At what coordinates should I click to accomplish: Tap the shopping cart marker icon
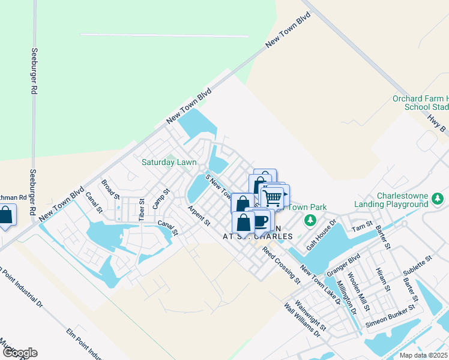tap(273, 197)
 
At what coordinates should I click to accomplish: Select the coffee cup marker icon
tap(260, 220)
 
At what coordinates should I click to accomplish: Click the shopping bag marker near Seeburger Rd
tap(6, 215)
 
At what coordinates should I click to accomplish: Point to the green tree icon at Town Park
tap(310, 221)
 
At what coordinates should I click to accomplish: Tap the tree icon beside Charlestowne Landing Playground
tap(439, 198)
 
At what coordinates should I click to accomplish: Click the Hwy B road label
tap(437, 124)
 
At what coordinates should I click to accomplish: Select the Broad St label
tap(110, 188)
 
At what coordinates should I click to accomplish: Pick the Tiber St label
tap(142, 209)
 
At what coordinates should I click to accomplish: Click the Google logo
tap(19, 353)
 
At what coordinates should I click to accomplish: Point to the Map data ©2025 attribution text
tap(424, 355)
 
